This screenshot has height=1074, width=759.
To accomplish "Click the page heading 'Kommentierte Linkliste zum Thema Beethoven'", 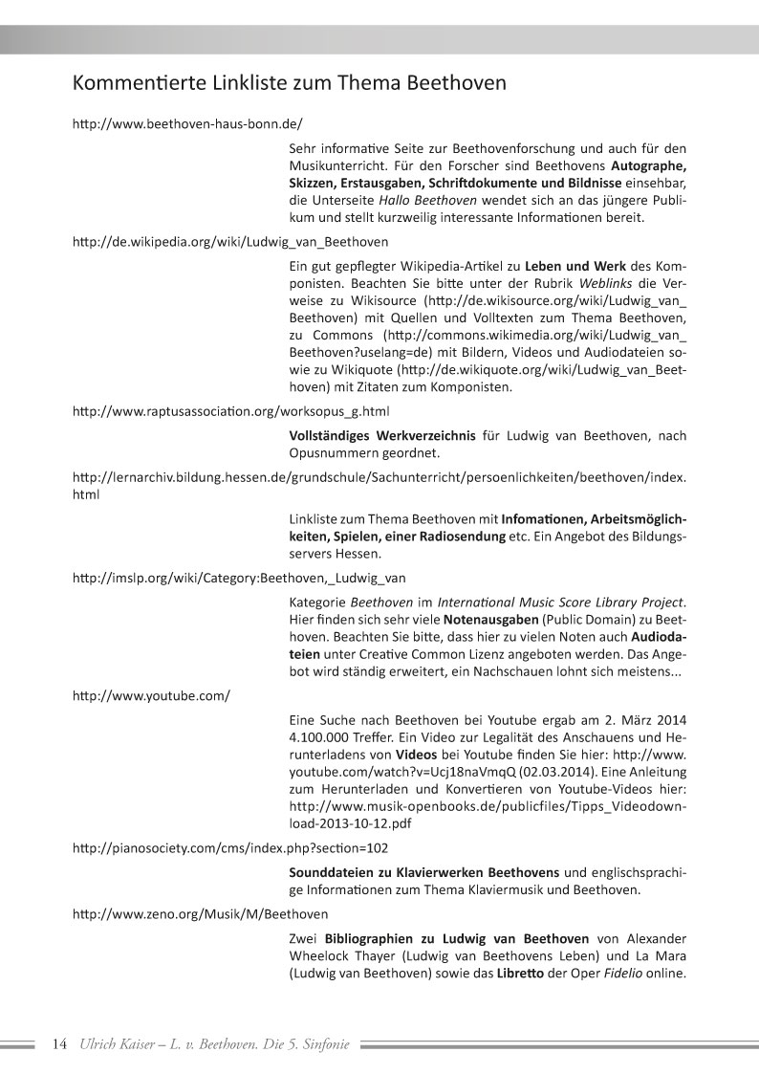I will tap(289, 83).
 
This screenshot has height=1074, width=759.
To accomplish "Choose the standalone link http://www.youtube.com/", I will tap(152, 693).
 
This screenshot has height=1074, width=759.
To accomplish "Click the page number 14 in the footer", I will tap(58, 1044).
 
